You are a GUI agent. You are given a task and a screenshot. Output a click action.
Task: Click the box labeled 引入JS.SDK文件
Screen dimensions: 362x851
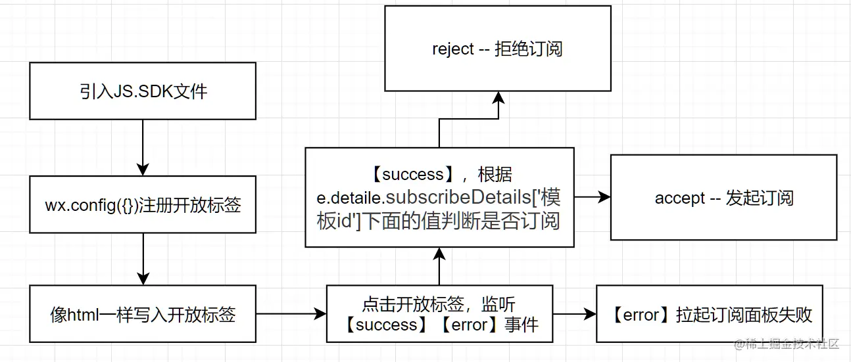click(143, 91)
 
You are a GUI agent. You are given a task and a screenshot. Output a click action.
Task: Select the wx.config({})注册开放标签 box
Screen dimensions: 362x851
click(143, 204)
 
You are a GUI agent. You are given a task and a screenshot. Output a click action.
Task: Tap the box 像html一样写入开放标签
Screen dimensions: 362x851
click(143, 314)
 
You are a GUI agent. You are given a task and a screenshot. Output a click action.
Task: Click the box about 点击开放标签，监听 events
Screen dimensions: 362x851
click(439, 314)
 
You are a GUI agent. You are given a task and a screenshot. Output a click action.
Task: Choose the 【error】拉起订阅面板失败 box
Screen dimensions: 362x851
click(709, 314)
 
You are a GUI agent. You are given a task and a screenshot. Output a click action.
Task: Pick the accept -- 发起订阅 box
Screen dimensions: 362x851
click(723, 198)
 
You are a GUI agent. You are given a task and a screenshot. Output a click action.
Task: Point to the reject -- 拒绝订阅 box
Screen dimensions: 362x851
click(497, 49)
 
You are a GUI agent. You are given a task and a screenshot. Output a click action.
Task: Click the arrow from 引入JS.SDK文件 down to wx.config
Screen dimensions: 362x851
click(143, 147)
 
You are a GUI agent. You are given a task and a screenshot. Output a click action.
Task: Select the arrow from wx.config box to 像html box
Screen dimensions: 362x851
click(143, 259)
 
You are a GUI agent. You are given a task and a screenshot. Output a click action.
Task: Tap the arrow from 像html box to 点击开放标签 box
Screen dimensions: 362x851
click(291, 314)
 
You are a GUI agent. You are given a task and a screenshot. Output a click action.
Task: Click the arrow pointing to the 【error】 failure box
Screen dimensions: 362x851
click(573, 314)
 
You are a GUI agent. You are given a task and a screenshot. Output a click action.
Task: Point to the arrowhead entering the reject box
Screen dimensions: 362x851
click(498, 97)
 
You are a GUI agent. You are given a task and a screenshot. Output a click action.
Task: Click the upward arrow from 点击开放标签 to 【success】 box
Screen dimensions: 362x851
click(439, 266)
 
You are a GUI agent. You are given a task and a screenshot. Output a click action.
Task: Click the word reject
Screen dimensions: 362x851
click(452, 49)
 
